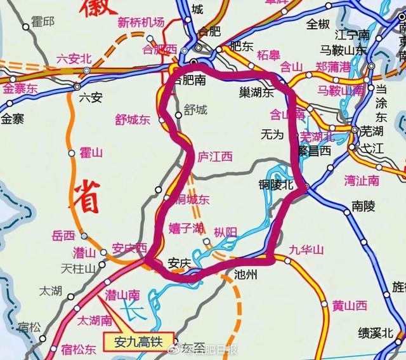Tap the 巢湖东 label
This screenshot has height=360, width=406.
(x=252, y=93)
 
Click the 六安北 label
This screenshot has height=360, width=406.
(x=74, y=58)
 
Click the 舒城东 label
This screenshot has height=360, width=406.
(x=133, y=119)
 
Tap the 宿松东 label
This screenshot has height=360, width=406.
(x=80, y=348)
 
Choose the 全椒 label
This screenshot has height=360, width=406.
(x=318, y=24)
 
